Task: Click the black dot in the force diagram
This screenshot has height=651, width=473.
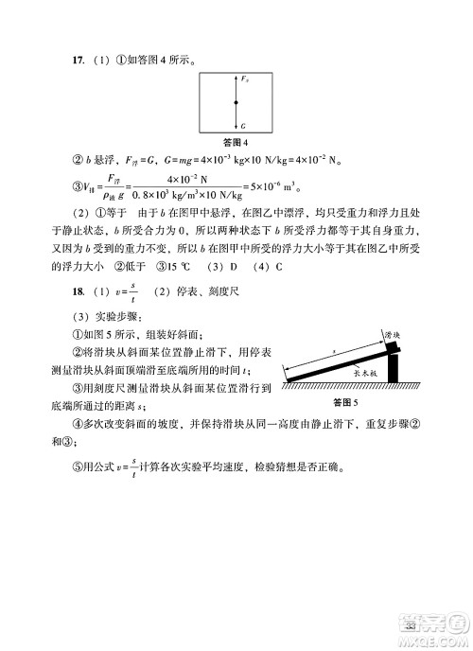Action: (236, 102)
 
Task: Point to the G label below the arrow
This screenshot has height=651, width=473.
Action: (243, 125)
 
